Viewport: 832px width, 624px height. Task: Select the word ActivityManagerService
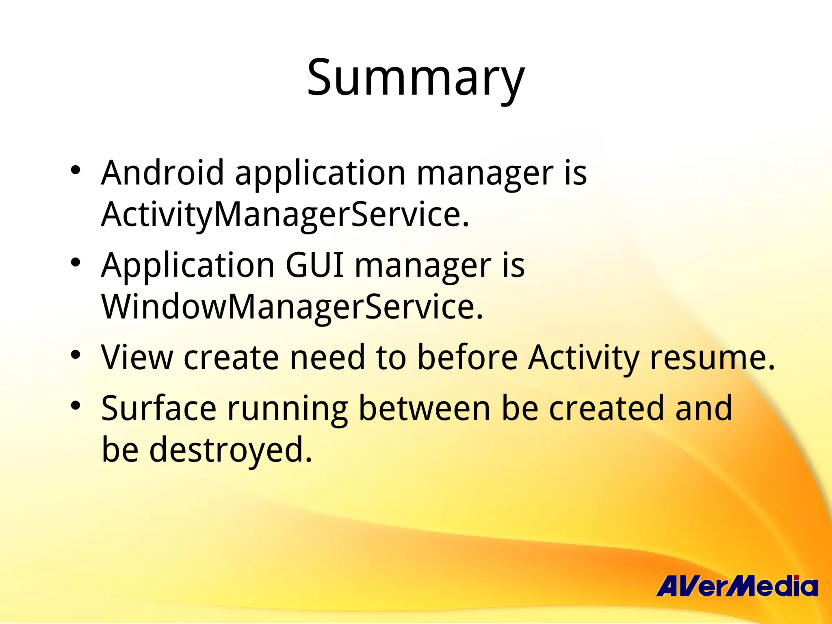pos(284,214)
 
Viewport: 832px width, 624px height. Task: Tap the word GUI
pos(315,265)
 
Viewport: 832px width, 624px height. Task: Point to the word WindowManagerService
pos(292,307)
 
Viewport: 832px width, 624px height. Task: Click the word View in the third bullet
pos(137,357)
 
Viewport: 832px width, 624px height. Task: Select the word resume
pos(712,357)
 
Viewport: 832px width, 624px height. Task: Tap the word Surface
pos(158,408)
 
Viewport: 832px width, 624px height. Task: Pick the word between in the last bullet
pos(424,408)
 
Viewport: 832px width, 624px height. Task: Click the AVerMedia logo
pos(736,586)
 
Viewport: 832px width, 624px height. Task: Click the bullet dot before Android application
pos(75,170)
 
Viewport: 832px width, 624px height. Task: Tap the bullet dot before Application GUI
pos(75,262)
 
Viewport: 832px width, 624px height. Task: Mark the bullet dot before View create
pos(75,355)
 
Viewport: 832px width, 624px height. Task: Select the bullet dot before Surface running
pos(75,405)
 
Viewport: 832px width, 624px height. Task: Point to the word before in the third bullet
pos(467,357)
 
